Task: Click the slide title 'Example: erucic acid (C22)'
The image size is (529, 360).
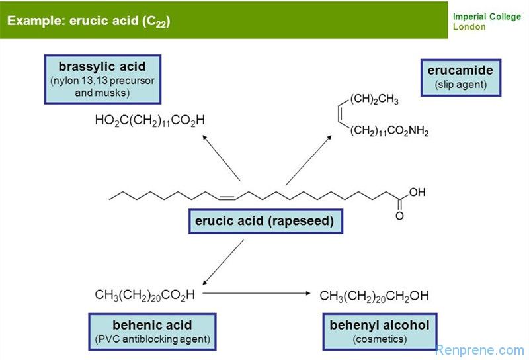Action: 89,21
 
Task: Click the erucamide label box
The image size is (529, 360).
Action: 460,77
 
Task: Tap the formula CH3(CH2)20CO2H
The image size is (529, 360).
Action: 145,294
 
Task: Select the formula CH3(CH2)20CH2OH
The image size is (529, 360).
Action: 374,296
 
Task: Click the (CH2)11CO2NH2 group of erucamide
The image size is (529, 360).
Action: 389,132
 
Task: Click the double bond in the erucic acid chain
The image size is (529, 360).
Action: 225,197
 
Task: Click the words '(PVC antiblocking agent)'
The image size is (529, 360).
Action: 152,339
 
